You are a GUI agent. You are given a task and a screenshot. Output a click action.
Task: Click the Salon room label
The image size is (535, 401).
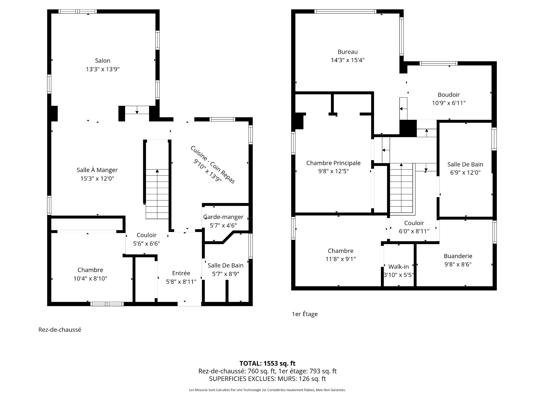(x=103, y=61)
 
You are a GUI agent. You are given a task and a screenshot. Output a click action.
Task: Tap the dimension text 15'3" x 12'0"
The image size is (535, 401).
(x=97, y=179)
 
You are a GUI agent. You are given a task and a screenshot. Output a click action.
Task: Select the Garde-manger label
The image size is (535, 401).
(x=223, y=217)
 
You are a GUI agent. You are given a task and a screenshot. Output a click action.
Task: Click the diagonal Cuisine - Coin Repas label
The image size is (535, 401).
(x=213, y=165)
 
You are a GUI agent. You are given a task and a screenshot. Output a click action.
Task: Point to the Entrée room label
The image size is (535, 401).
(x=181, y=273)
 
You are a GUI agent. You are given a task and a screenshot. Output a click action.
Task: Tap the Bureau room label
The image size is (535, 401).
(x=347, y=52)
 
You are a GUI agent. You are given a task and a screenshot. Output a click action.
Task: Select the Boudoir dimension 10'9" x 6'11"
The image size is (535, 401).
(x=449, y=103)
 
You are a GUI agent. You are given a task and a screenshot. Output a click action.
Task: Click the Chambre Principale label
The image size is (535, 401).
(x=333, y=163)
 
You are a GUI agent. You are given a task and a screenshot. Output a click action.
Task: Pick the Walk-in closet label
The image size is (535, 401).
(x=398, y=267)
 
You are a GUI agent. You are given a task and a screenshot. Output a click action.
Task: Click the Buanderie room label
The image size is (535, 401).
(x=458, y=256)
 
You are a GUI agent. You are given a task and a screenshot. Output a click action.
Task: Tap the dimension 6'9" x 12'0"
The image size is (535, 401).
(x=465, y=172)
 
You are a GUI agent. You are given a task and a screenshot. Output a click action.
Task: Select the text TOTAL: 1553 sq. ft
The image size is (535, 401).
(x=267, y=363)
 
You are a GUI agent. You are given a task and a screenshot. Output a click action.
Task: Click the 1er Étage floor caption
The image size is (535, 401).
(x=305, y=314)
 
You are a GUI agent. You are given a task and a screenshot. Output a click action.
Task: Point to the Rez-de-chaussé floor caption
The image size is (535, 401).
(x=60, y=330)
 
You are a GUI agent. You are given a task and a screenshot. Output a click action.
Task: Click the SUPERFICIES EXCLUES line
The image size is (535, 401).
(x=267, y=379)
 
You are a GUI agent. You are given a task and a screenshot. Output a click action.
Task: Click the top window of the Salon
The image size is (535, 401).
(x=78, y=11)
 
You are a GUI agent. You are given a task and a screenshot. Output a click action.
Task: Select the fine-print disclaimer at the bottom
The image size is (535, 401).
(x=267, y=390)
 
